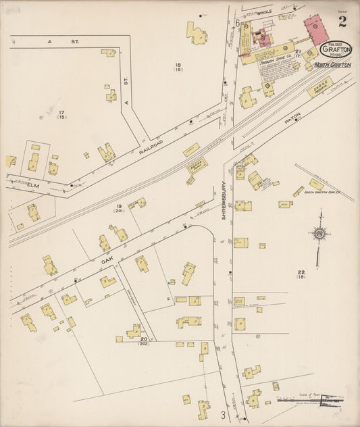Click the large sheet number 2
342,22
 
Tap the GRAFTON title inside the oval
336,49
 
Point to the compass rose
319,234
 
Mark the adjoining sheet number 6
238,23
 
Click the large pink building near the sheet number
315,29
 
